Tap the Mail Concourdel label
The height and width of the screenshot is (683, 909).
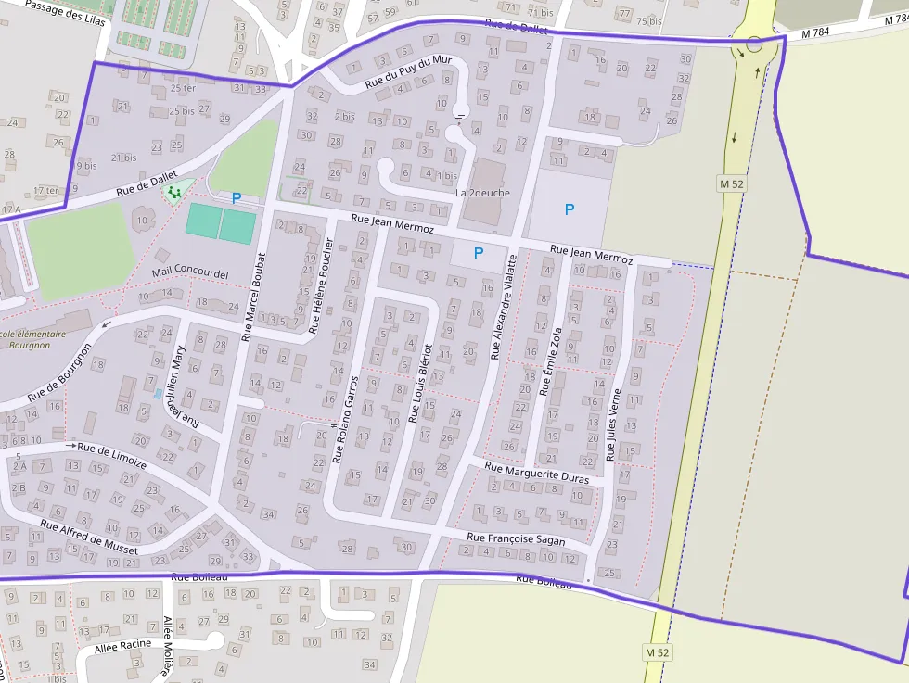point(189,273)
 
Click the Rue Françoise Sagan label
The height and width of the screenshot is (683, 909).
point(516,538)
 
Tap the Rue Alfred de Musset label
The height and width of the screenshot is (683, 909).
point(89,538)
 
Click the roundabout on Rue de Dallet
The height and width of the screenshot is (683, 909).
point(754,44)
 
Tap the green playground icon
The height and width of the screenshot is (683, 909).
point(173,192)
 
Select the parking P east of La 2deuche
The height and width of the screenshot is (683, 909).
point(570,209)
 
